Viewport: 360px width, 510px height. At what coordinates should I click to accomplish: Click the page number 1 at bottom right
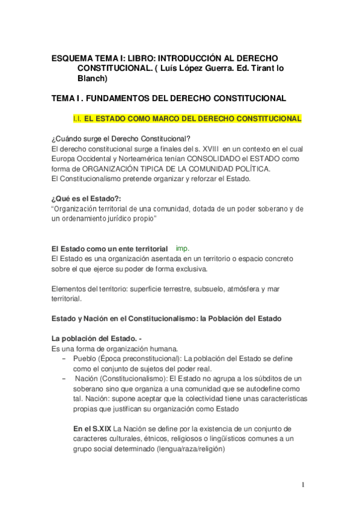304,485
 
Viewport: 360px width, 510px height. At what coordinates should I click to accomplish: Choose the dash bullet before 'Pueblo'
64,358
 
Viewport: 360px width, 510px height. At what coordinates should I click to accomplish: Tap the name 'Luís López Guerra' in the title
195,69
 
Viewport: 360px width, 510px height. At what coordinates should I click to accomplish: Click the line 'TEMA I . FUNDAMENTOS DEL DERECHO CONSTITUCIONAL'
169,97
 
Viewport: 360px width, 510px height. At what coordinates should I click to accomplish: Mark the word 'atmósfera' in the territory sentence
246,289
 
